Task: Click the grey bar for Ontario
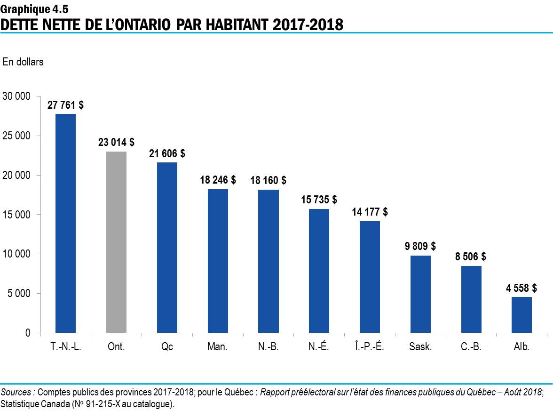(x=116, y=242)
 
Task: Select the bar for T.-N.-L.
(x=65, y=223)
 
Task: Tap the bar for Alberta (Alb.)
(x=521, y=315)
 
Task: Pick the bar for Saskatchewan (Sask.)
(x=420, y=294)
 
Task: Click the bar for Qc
(x=167, y=248)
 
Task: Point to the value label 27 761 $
(x=65, y=105)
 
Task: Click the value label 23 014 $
(x=116, y=142)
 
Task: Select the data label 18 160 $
(x=268, y=180)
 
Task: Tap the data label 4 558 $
(x=521, y=288)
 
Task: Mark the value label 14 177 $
(x=370, y=212)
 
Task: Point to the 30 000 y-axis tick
(x=16, y=96)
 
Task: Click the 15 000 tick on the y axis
(x=16, y=215)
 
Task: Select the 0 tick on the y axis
(x=28, y=333)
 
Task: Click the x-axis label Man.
(x=217, y=347)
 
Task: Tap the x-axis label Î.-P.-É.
(x=370, y=347)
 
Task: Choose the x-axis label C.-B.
(x=471, y=347)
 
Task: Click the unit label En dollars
(x=23, y=62)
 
